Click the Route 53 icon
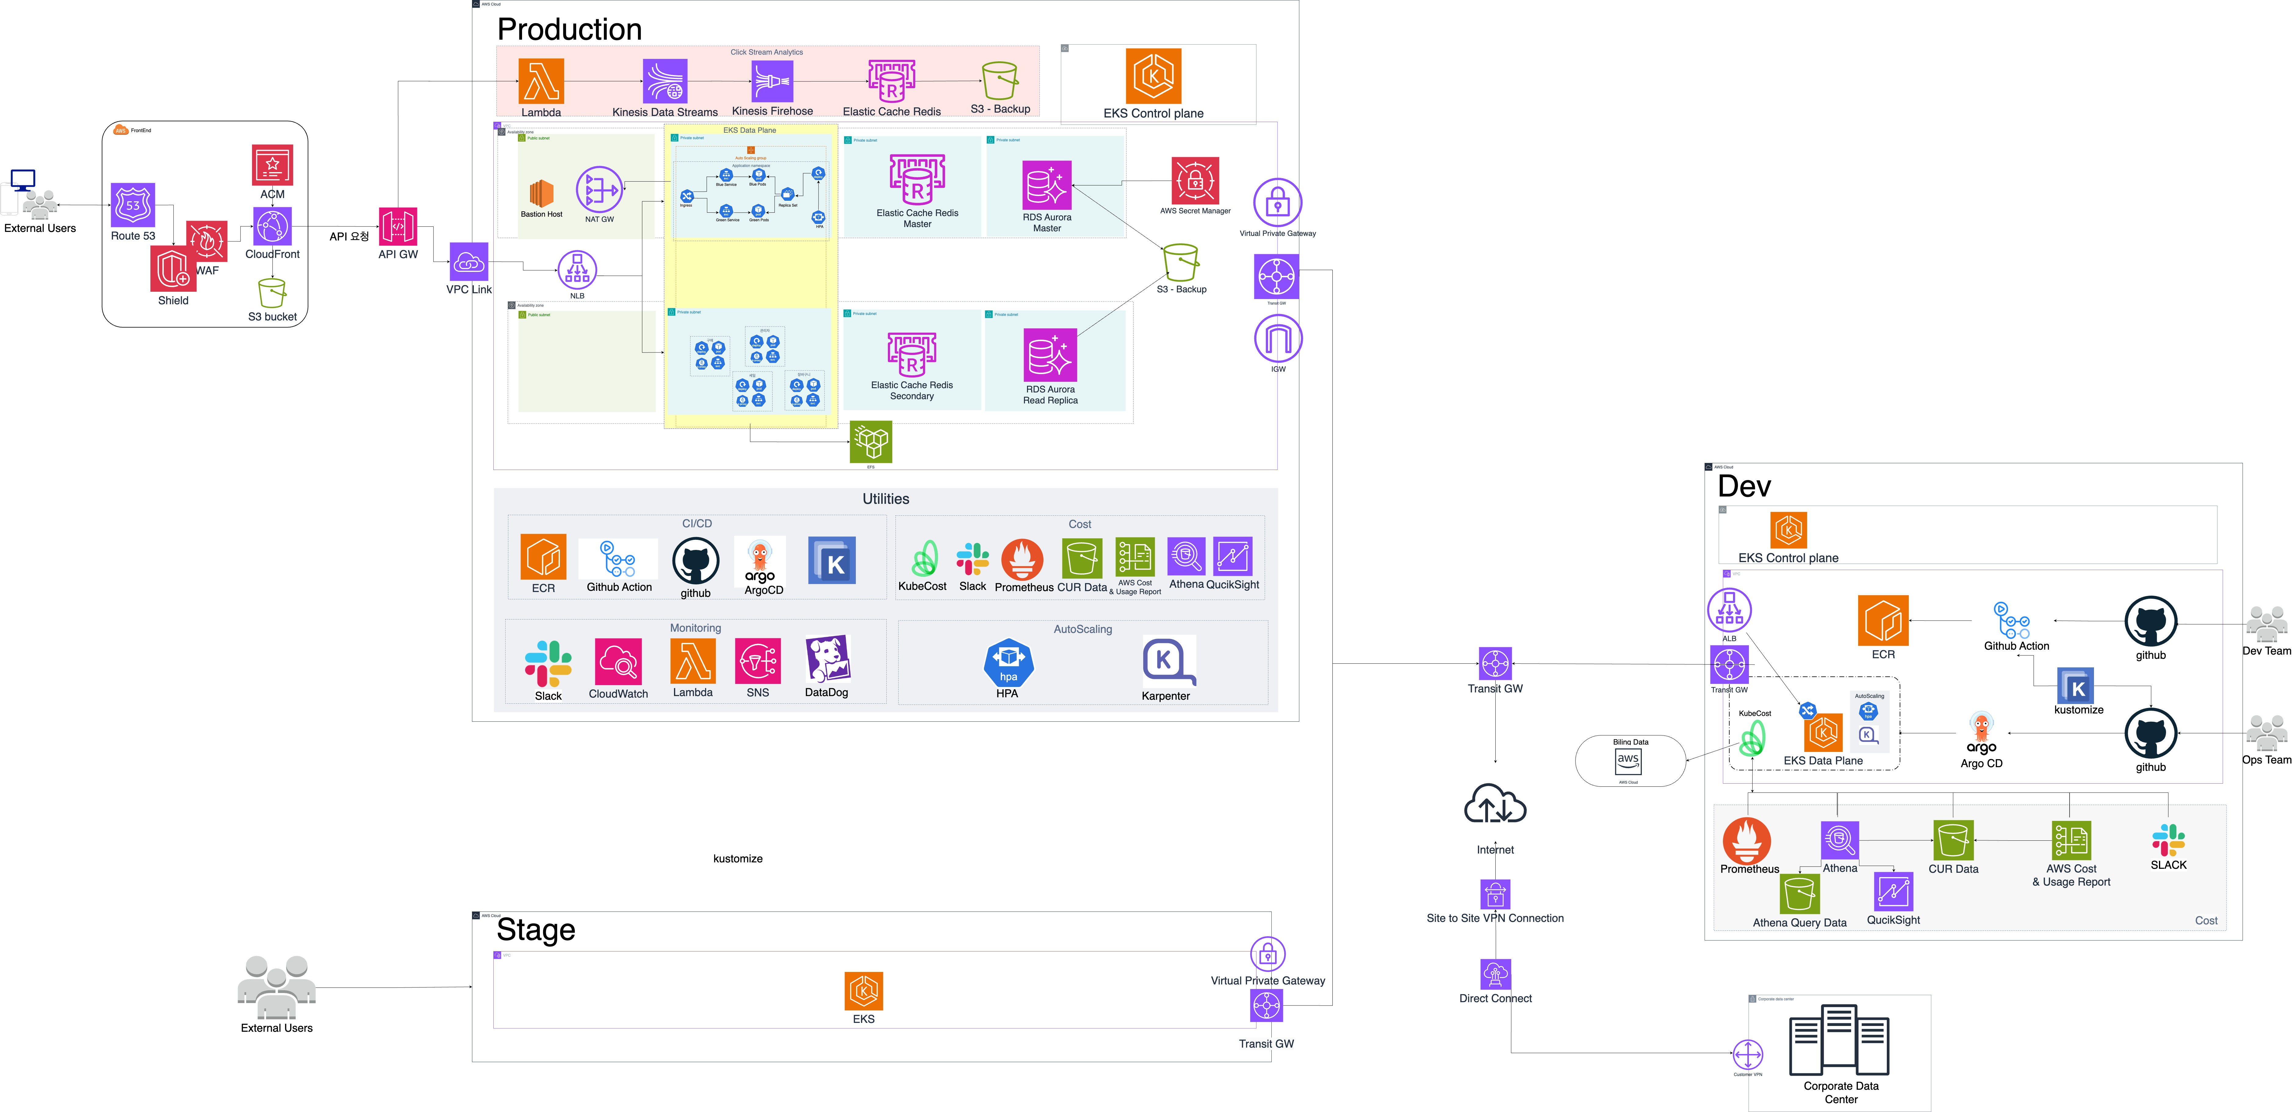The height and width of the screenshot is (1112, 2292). coord(133,205)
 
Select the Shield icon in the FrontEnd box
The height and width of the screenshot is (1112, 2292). coord(173,269)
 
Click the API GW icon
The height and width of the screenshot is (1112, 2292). coord(398,227)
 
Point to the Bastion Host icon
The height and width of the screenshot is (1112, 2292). coord(541,192)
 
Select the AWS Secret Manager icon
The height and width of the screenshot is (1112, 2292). coord(1195,182)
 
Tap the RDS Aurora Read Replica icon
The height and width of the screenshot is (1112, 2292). coord(1050,355)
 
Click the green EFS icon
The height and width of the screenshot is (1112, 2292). coord(871,441)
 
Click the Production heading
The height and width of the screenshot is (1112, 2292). coord(569,29)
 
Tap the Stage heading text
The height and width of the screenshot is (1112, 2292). coord(536,930)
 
